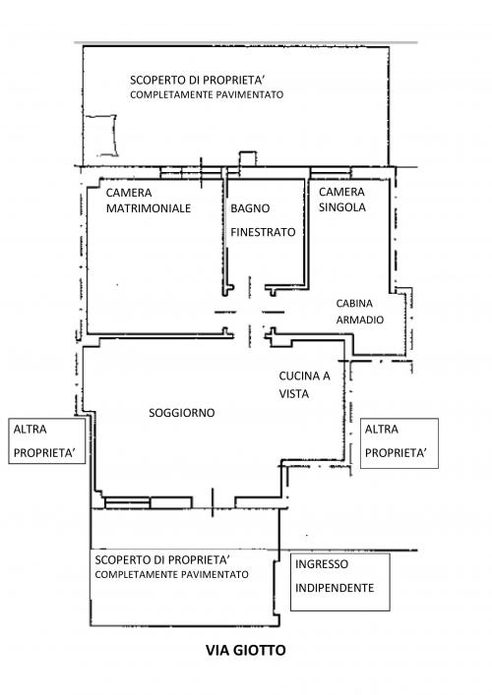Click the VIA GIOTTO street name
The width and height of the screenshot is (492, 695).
click(x=245, y=650)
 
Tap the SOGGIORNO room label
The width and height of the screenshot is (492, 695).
click(x=182, y=413)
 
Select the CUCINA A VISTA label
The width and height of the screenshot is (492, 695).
click(x=304, y=384)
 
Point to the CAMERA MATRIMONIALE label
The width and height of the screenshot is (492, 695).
click(x=149, y=201)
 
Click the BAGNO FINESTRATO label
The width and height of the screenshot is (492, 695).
click(x=263, y=220)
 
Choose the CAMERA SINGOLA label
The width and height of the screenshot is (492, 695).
click(x=342, y=200)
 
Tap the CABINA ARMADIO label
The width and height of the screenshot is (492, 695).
click(x=360, y=312)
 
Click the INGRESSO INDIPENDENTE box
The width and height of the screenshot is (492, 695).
click(x=340, y=582)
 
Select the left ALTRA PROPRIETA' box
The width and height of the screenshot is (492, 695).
click(x=47, y=441)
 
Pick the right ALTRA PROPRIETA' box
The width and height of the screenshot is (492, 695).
click(x=400, y=443)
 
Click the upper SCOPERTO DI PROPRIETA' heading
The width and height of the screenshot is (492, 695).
click(x=198, y=81)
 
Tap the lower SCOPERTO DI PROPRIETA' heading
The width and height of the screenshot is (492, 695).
click(x=162, y=559)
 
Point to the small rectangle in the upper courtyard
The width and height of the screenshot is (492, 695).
click(x=102, y=136)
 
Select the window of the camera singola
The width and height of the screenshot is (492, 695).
click(x=331, y=173)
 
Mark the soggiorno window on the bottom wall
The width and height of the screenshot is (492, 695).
click(x=149, y=502)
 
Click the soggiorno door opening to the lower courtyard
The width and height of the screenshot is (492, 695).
click(x=213, y=502)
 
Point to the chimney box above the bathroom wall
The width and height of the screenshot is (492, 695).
click(x=248, y=159)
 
